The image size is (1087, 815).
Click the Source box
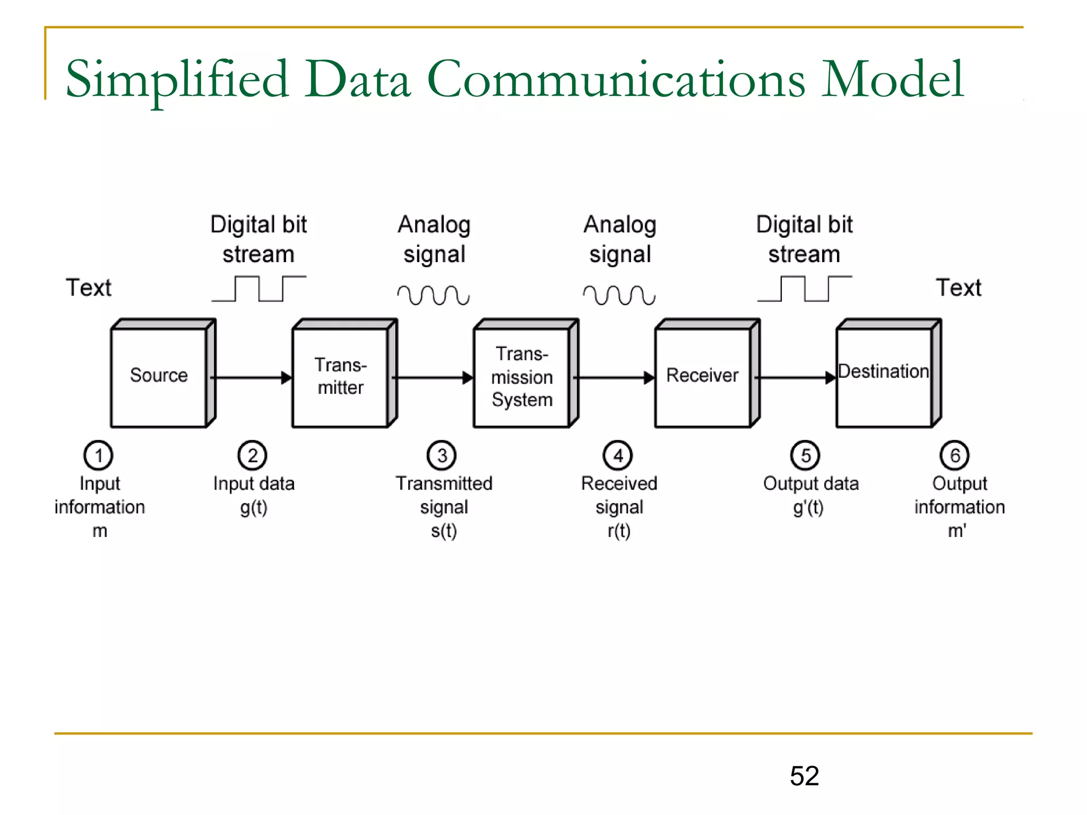159,376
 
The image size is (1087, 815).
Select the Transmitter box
340,376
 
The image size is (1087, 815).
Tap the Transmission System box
522,377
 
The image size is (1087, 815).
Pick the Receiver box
702,376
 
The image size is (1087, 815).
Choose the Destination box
884,376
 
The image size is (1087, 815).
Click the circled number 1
98,455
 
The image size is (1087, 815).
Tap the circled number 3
442,455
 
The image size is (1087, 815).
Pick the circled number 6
954,455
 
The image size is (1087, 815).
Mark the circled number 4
618,455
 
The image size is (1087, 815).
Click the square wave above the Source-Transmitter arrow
259,289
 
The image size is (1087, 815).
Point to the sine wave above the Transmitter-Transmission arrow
434,295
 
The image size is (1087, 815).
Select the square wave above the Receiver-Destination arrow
805,289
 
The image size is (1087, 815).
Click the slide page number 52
804,776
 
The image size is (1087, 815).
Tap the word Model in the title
892,80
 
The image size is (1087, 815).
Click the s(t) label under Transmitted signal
444,531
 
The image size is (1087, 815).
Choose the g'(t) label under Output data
808,508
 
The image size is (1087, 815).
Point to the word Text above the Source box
89,288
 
